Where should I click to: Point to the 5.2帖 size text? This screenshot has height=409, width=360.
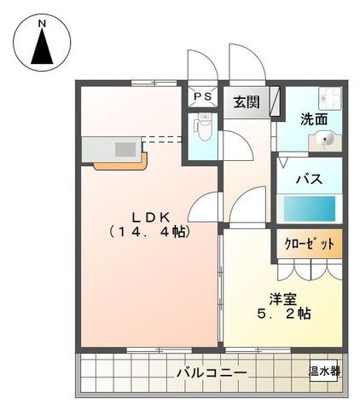[284, 314]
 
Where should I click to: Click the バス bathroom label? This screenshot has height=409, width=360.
[308, 179]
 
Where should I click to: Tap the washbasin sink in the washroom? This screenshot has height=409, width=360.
[325, 141]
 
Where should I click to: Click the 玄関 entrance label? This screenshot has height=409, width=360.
[247, 101]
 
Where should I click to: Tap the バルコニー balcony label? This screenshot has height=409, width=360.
[212, 372]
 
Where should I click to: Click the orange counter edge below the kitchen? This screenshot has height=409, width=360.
[119, 163]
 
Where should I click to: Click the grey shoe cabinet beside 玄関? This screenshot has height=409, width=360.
[275, 101]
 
